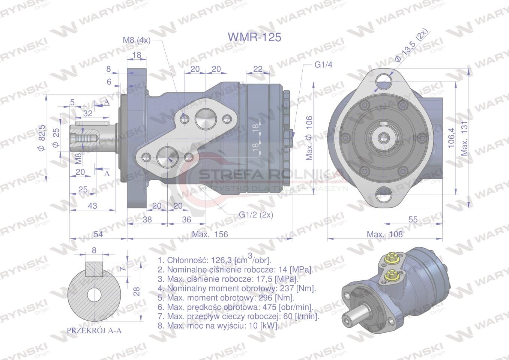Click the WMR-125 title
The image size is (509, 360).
coord(254,37)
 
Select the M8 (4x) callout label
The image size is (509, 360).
coord(137,40)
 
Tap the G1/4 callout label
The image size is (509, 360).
coord(323,65)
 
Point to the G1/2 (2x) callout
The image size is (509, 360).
coord(256,214)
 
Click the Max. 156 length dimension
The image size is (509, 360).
coord(210,234)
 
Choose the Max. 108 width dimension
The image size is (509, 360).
coord(385,234)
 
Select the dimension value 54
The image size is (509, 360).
coord(98,234)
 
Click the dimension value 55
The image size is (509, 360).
coord(413,219)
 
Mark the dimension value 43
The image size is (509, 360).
coord(92,206)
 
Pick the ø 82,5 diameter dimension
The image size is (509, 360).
coord(42,138)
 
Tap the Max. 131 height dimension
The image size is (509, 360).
coord(464,138)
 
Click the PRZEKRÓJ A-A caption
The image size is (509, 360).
coord(94,330)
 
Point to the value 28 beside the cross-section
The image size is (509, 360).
coord(137,291)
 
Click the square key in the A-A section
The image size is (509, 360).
coord(94,269)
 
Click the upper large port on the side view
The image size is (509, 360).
coord(206,118)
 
